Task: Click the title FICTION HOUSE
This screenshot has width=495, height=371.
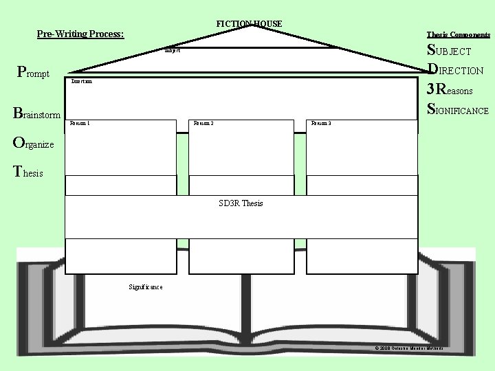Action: (x=249, y=24)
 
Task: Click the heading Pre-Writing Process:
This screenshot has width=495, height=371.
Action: (x=80, y=34)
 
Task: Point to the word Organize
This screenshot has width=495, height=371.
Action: (x=38, y=144)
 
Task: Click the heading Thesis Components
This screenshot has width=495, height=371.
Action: (x=458, y=34)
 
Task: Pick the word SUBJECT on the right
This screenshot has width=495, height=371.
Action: (x=449, y=51)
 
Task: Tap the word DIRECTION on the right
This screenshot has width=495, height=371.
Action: (x=455, y=70)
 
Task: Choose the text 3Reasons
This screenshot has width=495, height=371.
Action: (x=450, y=89)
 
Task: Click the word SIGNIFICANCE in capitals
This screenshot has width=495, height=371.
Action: (x=458, y=109)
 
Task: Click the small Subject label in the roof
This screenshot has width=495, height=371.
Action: (x=172, y=51)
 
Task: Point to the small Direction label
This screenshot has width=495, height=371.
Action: (x=81, y=81)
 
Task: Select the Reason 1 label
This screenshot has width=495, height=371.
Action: (x=80, y=124)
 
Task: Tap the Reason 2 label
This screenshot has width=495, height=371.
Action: (x=203, y=124)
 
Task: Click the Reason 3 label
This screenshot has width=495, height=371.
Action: (x=321, y=124)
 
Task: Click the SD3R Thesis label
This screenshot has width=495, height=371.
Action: (x=241, y=203)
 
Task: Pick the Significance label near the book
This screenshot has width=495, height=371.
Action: (x=146, y=286)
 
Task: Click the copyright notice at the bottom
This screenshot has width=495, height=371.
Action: (x=409, y=348)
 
